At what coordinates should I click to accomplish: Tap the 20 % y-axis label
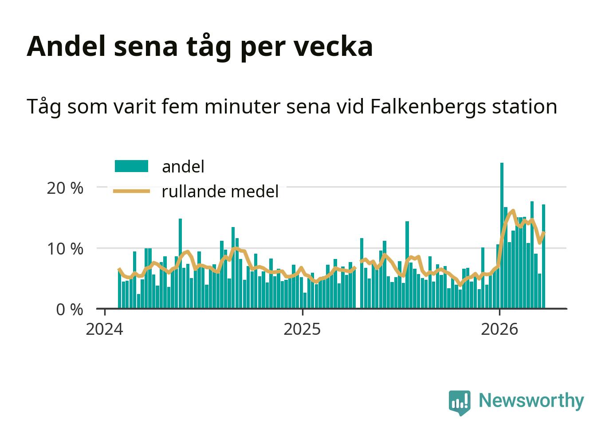pos(65,188)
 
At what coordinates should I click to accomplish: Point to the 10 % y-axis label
pos(65,249)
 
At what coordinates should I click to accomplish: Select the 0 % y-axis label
pos(70,310)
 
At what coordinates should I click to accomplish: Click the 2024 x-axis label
pos(105,329)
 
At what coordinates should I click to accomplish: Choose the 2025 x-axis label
pos(302,329)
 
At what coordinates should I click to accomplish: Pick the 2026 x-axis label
pos(499,329)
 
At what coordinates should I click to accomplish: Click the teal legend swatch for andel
pos(131,166)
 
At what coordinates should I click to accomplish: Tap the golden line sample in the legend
pos(131,191)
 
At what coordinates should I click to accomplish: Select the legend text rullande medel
pos(220,192)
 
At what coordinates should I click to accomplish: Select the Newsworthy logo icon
pos(459,402)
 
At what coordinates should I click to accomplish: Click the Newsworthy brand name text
pos(531,400)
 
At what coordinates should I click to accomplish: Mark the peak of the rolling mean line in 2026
pos(513,211)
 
